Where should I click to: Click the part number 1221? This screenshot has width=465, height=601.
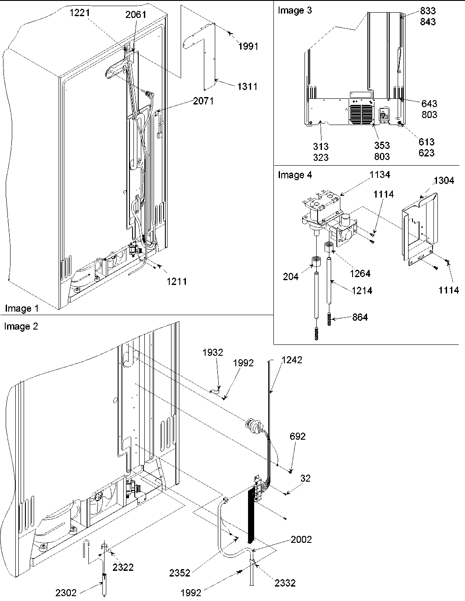[79, 13]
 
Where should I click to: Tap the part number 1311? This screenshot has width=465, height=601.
[247, 87]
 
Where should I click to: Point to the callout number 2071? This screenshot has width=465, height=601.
[203, 101]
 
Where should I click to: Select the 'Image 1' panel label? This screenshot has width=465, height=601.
[21, 309]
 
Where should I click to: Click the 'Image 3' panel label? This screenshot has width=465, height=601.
[295, 10]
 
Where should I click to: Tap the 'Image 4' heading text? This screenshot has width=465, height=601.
[295, 175]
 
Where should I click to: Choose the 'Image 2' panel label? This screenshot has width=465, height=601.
[21, 327]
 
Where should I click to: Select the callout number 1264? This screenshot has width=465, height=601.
[360, 274]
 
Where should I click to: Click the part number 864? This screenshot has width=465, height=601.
[360, 317]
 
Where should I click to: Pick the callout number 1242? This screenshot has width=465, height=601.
[292, 360]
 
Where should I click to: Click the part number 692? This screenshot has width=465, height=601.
[297, 436]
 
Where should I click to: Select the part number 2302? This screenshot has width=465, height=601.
[66, 593]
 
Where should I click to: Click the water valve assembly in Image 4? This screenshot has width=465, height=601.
[328, 214]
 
